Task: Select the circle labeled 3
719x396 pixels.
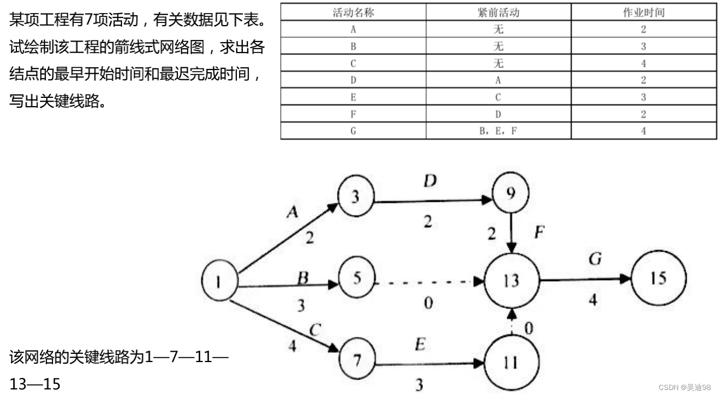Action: tap(356, 196)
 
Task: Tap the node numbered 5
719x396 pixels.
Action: tap(357, 279)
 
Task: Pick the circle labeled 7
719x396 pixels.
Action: tap(357, 359)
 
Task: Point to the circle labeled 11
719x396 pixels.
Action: tap(510, 362)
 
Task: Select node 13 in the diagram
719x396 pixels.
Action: tap(511, 281)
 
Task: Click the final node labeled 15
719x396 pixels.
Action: tap(659, 279)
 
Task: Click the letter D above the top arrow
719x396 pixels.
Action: tap(430, 181)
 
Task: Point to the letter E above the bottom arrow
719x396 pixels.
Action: tap(420, 346)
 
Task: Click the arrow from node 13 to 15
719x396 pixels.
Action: tap(585, 279)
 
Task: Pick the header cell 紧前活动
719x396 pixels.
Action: tap(498, 13)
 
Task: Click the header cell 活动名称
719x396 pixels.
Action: tap(353, 13)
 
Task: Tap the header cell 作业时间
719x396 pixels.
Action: tap(643, 13)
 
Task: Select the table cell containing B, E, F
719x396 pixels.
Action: tap(498, 131)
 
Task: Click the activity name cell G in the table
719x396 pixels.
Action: tap(353, 131)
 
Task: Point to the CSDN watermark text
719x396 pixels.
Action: tap(685, 387)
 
